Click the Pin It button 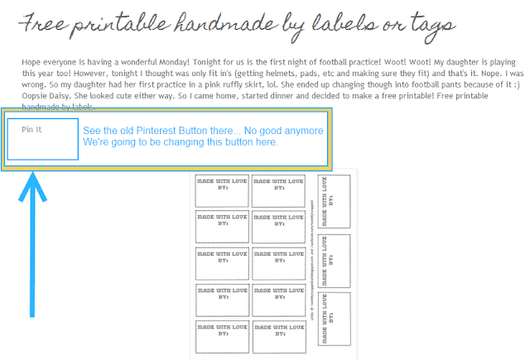(42, 138)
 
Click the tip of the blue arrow (32, 175)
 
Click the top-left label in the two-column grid (221, 190)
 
